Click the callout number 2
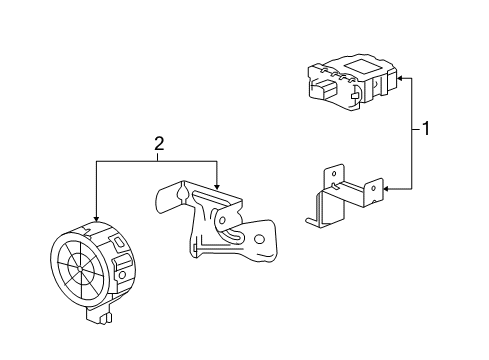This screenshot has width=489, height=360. pos(156,145)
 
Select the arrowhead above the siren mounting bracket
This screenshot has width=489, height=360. pos(217,186)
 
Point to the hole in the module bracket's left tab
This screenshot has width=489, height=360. pos(326,176)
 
